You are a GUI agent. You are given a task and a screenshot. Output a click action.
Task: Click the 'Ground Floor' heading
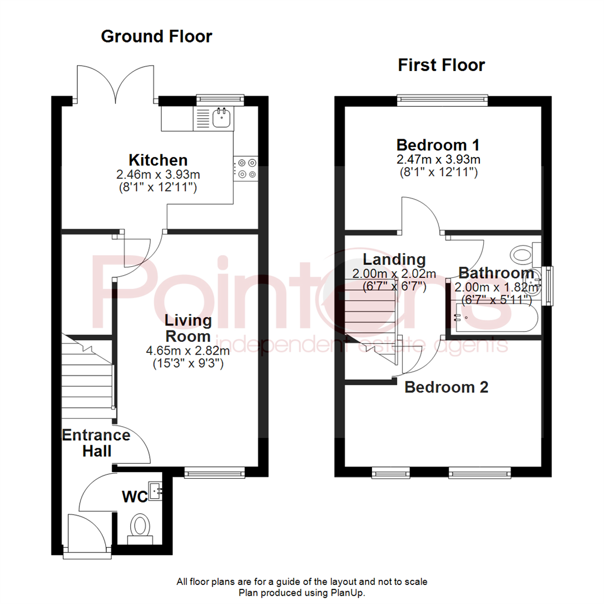(x=156, y=37)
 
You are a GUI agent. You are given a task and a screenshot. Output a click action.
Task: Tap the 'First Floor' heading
(x=441, y=65)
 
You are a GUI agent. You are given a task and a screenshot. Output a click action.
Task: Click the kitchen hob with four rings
(x=247, y=168)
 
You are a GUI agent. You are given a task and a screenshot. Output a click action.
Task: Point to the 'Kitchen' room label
(x=158, y=159)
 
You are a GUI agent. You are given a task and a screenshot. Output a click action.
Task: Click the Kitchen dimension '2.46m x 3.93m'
(x=158, y=174)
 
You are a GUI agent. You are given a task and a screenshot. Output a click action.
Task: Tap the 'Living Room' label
(x=188, y=328)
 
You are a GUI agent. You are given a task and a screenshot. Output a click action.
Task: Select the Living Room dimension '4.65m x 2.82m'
(x=188, y=351)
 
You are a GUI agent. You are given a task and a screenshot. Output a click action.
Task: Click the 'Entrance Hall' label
(x=95, y=442)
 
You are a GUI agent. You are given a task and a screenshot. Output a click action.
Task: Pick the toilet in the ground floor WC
(x=140, y=527)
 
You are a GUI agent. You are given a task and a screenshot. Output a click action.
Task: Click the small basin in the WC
(x=155, y=490)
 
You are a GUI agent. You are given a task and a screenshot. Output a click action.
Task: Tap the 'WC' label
(x=134, y=497)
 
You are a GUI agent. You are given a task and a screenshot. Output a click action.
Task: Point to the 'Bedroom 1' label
(x=438, y=145)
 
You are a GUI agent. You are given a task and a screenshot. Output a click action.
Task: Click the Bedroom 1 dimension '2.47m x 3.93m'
(x=438, y=160)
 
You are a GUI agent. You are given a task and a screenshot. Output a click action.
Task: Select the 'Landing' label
(x=394, y=259)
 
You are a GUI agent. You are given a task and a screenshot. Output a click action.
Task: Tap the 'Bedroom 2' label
(x=446, y=386)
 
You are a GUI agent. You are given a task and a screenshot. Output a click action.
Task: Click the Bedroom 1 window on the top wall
(x=442, y=100)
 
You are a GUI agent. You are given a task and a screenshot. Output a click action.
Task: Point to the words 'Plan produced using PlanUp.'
(x=302, y=592)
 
